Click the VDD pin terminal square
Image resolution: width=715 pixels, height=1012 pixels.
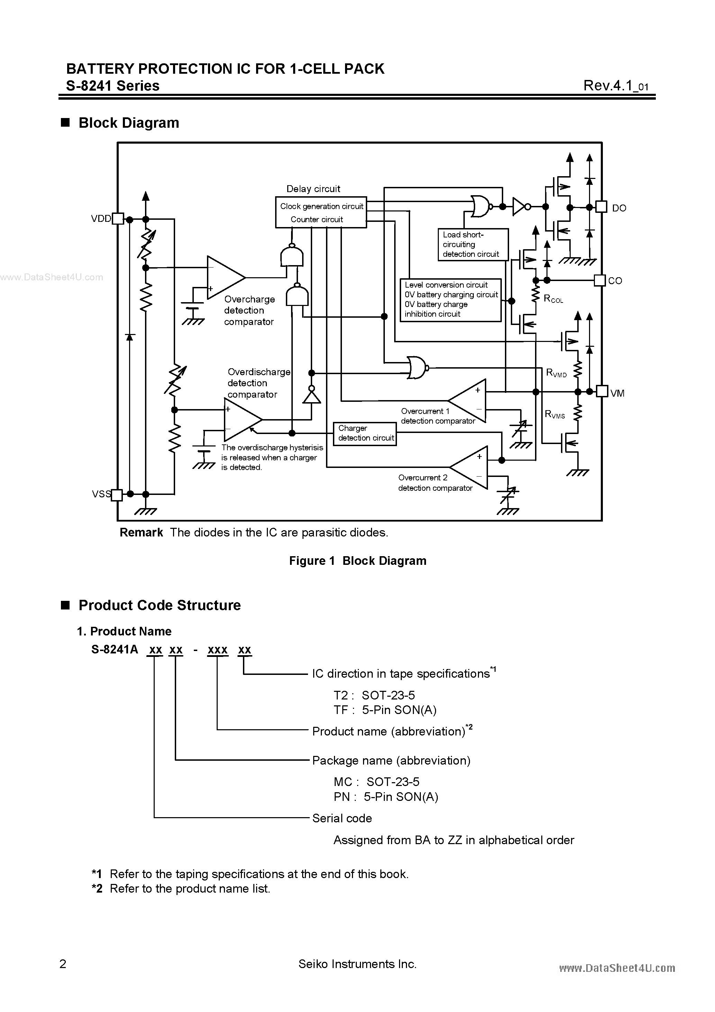(x=118, y=219)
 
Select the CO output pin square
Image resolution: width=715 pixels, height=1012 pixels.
(x=599, y=280)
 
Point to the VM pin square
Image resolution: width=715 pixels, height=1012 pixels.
(x=602, y=391)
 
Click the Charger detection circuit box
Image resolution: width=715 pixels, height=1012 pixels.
(x=364, y=434)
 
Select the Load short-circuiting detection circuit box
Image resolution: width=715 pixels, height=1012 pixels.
(x=472, y=245)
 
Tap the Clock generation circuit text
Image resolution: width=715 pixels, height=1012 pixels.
(x=322, y=206)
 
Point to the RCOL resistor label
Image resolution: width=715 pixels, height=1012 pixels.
(x=553, y=299)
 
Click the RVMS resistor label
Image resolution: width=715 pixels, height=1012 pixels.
(x=554, y=414)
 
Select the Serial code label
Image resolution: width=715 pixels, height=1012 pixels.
(x=342, y=819)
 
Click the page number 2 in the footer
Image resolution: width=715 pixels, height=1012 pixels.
(x=63, y=964)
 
